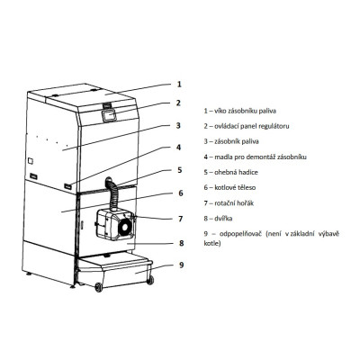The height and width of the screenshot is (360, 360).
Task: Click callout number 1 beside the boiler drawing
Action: point(179,84)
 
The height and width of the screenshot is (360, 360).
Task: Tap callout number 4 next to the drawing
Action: point(179,148)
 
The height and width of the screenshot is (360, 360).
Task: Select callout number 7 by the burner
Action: point(180,219)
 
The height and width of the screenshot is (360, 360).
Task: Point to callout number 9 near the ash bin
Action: point(181,265)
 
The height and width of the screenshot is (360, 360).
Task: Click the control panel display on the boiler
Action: point(109,115)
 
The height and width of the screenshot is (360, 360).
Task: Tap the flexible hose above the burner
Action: point(113,194)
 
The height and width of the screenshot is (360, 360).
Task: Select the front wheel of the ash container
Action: point(99,287)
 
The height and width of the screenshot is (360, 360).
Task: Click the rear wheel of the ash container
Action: point(150,280)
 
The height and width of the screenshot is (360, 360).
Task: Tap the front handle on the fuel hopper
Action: point(68,186)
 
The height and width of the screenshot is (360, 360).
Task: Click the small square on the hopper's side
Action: point(31,161)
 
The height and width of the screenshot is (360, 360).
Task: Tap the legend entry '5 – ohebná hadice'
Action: point(230,172)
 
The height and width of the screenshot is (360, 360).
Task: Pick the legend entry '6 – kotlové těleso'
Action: point(229,187)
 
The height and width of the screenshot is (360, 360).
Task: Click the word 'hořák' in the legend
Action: point(245,203)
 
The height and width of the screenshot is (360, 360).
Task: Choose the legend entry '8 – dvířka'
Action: point(218,219)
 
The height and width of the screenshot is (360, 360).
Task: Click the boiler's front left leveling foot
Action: point(72,286)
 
